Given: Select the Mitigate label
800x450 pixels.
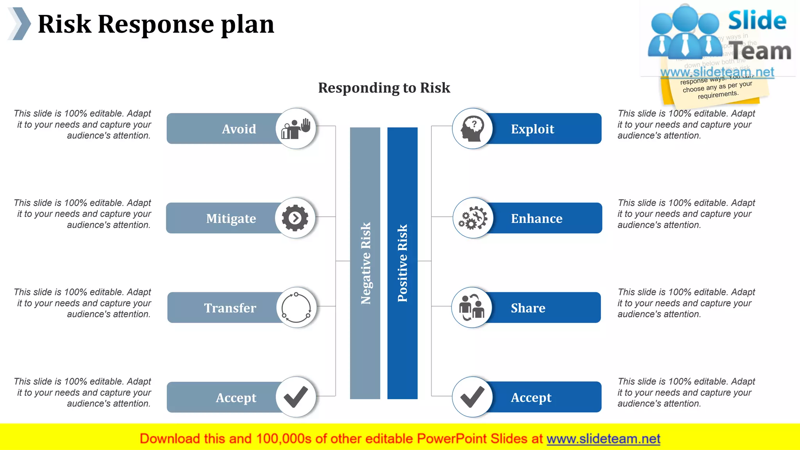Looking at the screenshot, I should tap(231, 218).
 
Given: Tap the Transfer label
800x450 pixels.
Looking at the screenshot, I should tap(230, 308).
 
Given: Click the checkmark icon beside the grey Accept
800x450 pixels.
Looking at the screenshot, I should tap(296, 397).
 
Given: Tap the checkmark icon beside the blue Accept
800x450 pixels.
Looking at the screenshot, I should tap(472, 397).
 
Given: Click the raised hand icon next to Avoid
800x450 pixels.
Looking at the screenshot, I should tap(296, 129).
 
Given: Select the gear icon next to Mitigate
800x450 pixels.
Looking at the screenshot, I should tap(295, 218).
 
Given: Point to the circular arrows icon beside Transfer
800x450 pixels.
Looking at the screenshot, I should tap(296, 307).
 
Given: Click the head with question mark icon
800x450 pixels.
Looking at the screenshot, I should tap(472, 129).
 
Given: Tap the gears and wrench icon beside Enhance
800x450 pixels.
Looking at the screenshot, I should tap(473, 218).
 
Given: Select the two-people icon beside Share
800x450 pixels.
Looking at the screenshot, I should tap(472, 307).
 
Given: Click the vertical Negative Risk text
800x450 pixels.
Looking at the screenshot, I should tap(365, 263).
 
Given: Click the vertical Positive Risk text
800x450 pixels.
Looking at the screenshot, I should tap(402, 263).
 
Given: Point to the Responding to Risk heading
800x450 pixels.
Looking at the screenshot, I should tap(384, 88).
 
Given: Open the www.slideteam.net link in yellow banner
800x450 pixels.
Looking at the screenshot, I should tap(603, 439).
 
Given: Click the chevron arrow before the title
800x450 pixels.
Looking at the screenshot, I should tap(20, 23).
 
